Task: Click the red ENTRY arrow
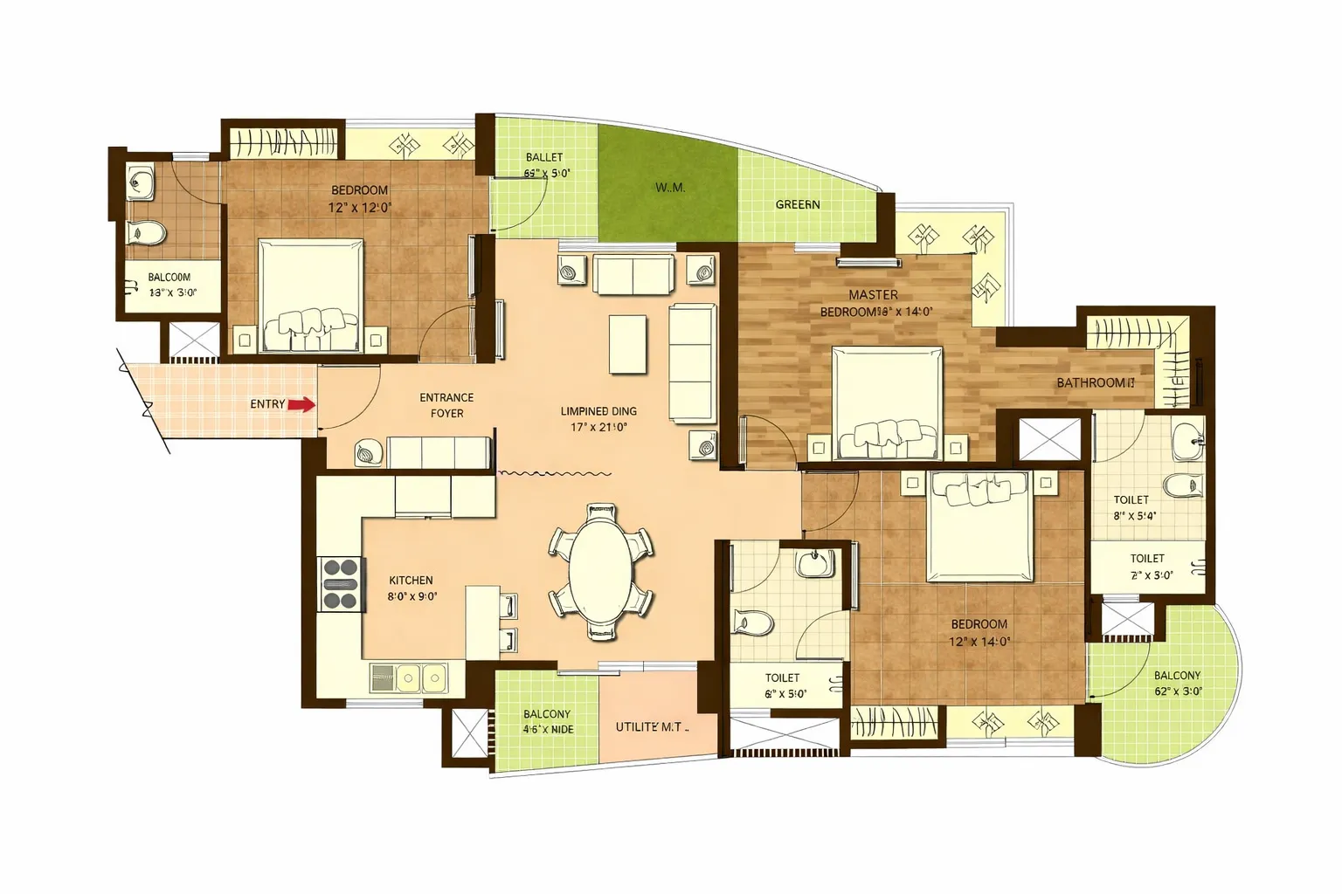point(301,404)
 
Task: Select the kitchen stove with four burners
point(341,583)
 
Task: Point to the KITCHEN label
point(411,581)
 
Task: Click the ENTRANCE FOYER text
point(446,405)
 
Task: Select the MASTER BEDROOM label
point(872,303)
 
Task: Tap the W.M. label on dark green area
point(669,188)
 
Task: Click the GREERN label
point(798,204)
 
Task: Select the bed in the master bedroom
point(887,402)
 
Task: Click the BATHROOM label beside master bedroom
point(1095,382)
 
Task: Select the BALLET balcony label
point(544,157)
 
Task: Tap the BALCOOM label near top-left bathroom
point(169,278)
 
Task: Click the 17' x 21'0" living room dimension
point(599,428)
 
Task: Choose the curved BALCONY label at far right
point(1177,676)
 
